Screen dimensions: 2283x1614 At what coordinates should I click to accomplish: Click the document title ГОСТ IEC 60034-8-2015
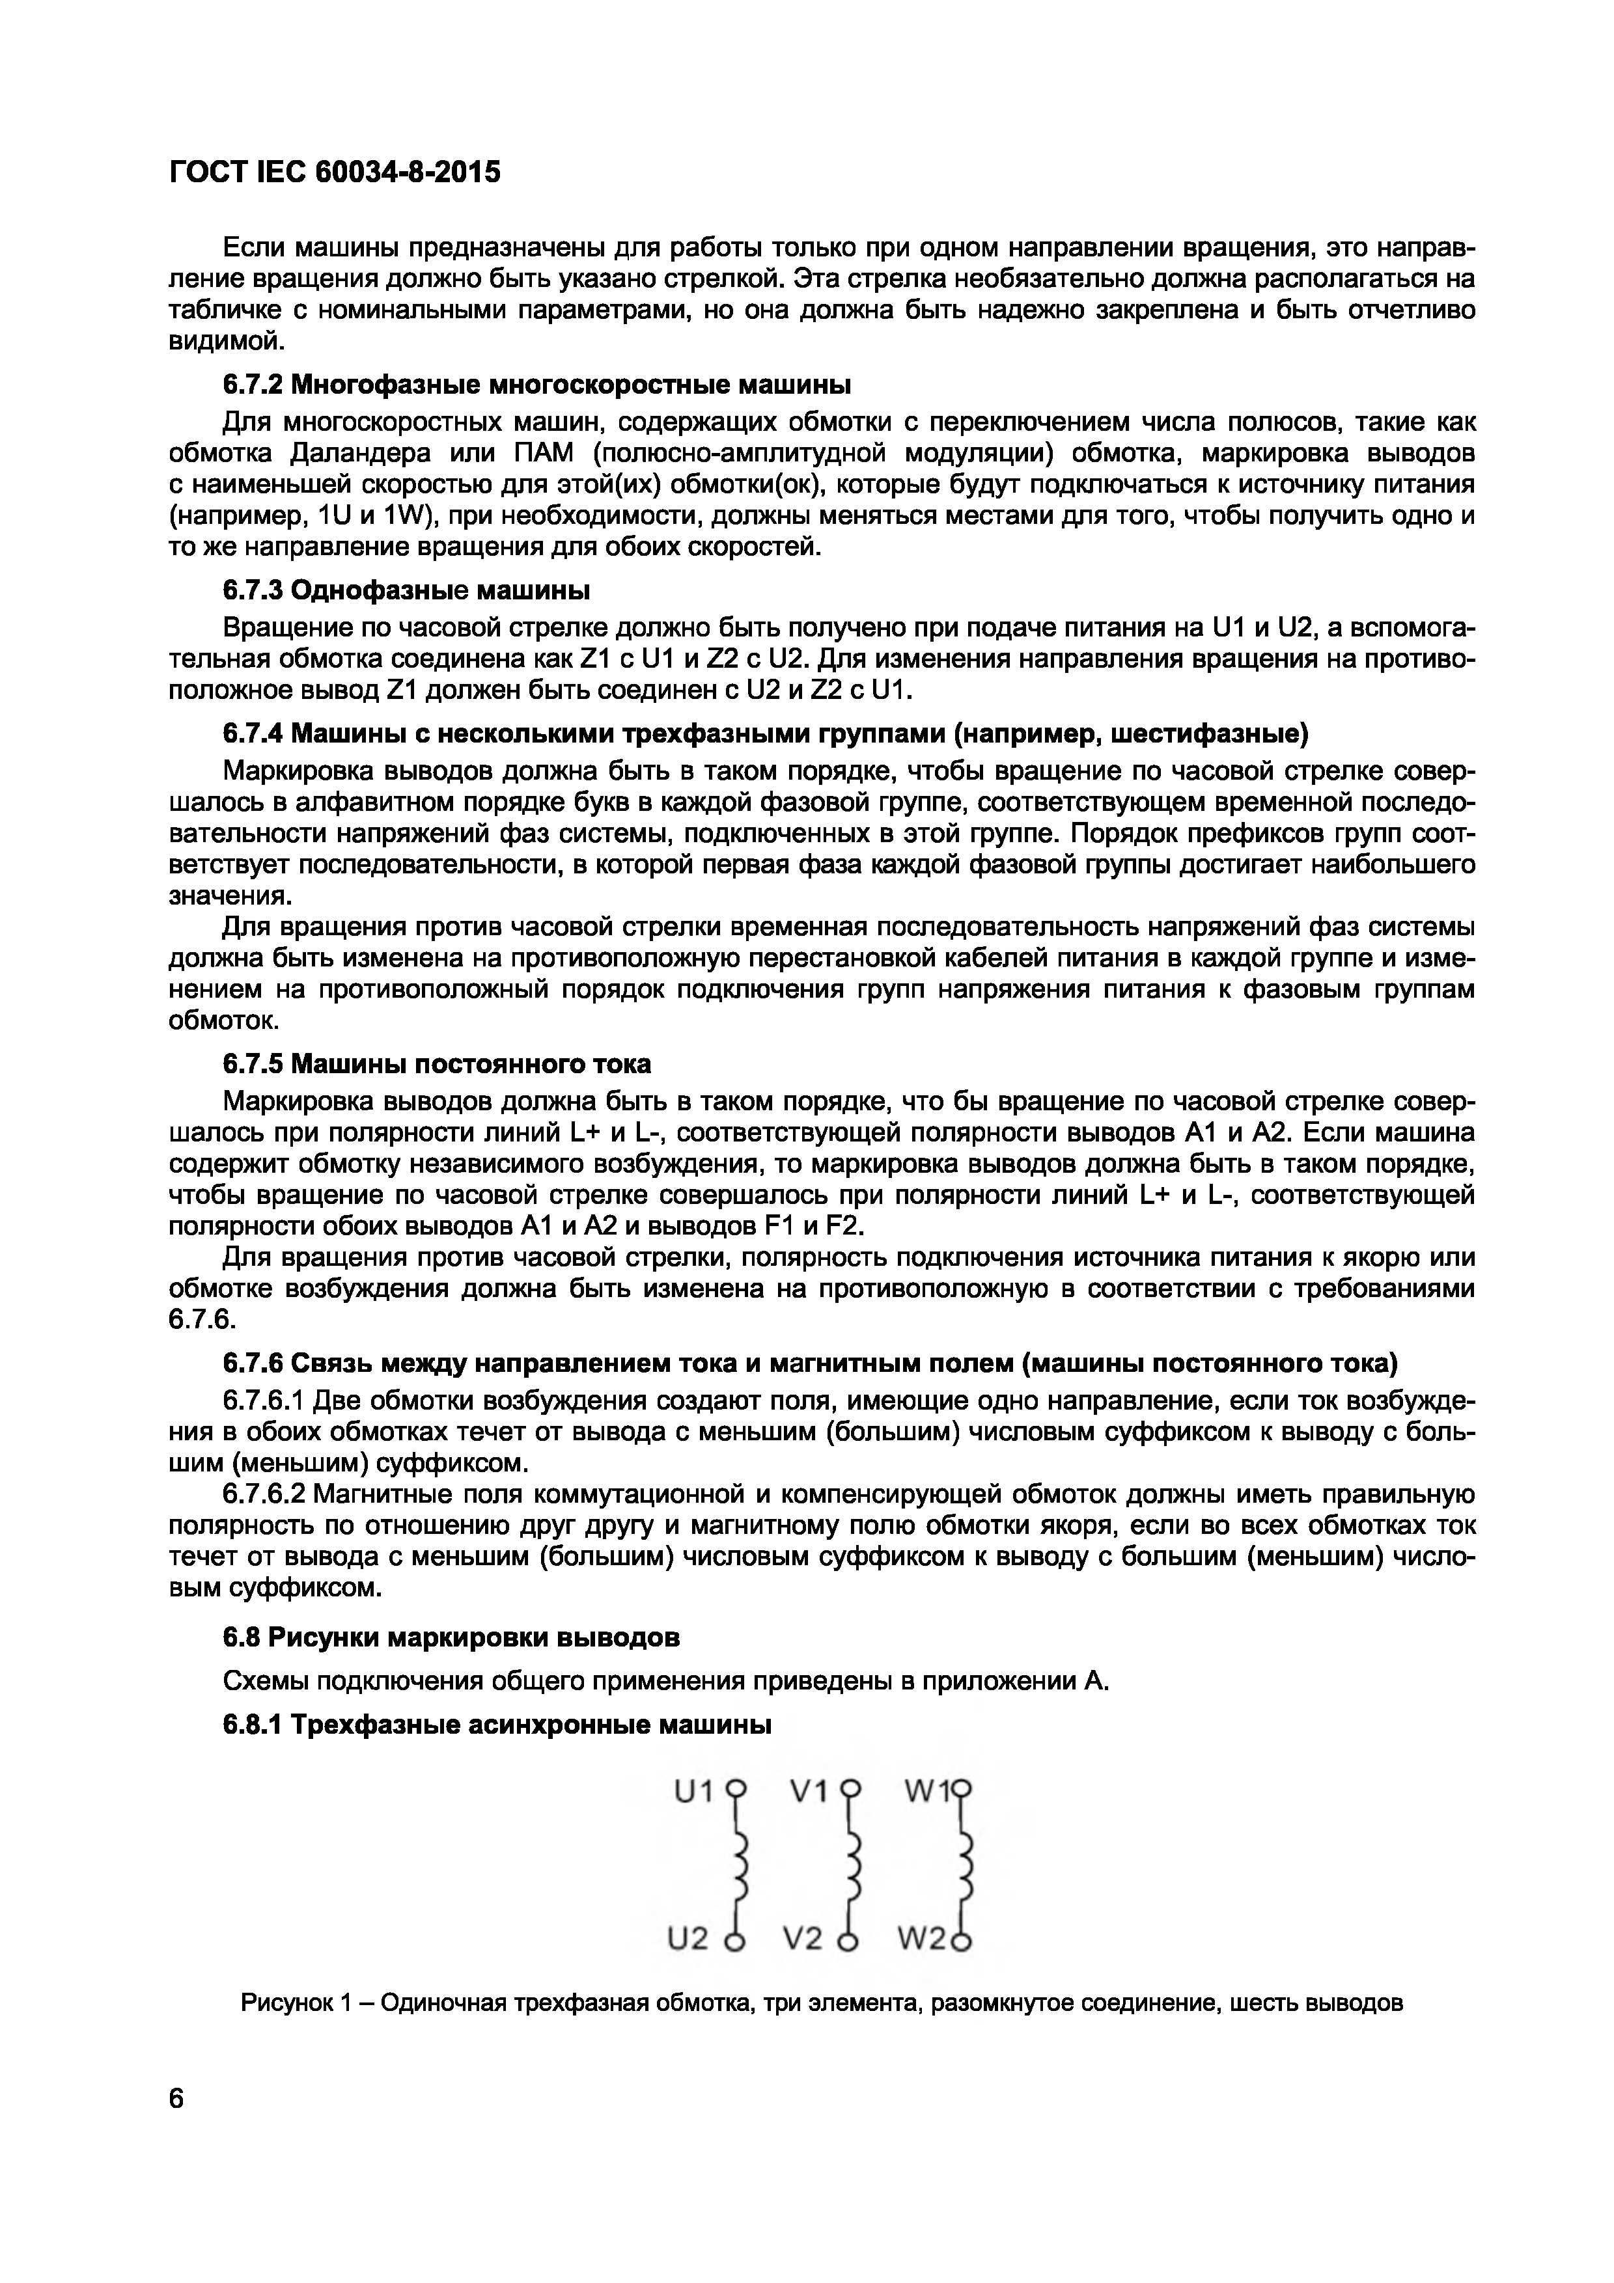(x=335, y=173)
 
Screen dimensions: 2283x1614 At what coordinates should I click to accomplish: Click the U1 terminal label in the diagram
(x=694, y=1792)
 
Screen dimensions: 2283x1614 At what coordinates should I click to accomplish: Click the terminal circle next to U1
(x=735, y=1787)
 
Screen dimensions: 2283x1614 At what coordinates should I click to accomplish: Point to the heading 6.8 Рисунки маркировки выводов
(x=451, y=1637)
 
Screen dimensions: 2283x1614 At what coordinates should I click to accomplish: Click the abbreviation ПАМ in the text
(x=543, y=454)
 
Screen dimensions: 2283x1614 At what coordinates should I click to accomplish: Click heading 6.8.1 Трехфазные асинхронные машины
(x=497, y=1724)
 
